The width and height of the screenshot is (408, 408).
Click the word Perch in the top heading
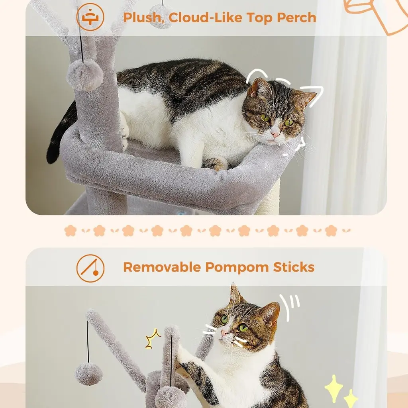point(296,18)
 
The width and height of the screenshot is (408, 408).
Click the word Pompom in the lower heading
point(237,268)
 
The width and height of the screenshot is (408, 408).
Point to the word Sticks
point(294,267)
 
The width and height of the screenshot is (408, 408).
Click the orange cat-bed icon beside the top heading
point(90,17)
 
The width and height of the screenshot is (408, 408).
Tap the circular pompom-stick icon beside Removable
point(90,268)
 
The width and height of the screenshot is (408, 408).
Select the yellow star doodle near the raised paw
point(153,339)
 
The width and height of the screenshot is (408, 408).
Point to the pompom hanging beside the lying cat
point(85,75)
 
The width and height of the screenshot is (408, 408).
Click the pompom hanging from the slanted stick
point(89,374)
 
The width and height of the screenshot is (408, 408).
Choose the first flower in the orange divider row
point(70,231)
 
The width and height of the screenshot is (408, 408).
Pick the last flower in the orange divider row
point(331,231)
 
